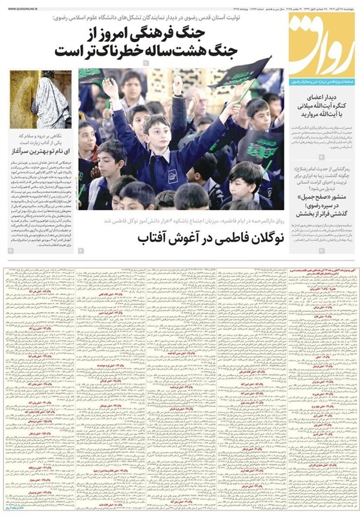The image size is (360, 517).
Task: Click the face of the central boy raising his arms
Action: point(155,128)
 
